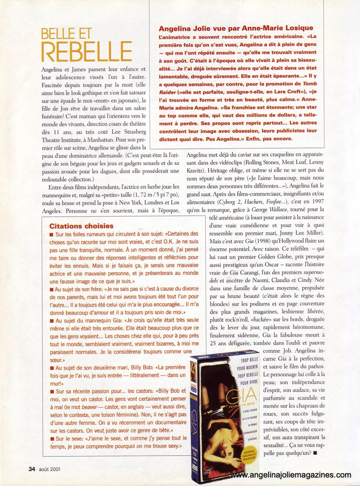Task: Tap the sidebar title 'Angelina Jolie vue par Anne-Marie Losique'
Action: tap(236, 28)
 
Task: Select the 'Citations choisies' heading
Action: tap(81, 226)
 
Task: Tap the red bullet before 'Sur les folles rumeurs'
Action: tap(51, 234)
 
